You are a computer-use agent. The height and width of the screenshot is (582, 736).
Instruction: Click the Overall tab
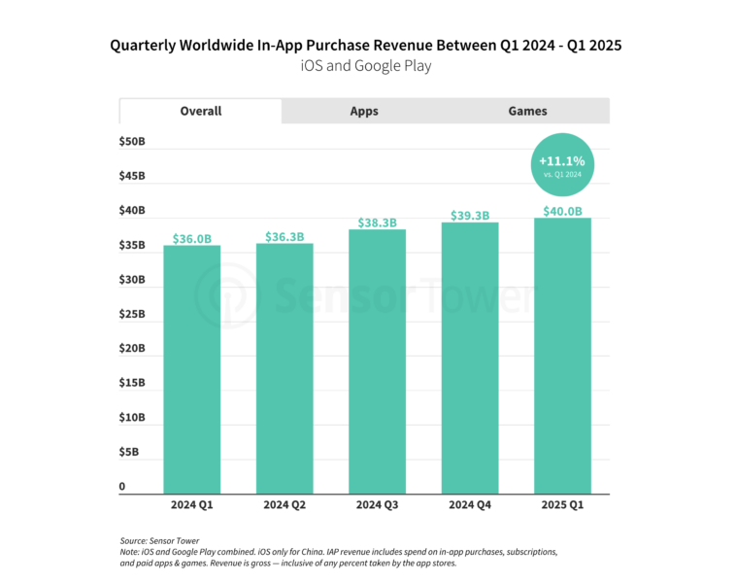pos(201,111)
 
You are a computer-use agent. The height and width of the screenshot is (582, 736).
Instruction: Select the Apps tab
pos(364,111)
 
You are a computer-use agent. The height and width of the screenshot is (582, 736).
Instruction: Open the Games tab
pos(527,111)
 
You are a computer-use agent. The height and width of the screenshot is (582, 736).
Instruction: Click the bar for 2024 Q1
pos(191,369)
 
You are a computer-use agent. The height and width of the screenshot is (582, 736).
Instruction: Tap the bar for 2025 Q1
pos(562,356)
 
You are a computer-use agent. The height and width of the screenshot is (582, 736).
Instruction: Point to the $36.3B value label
pos(284,236)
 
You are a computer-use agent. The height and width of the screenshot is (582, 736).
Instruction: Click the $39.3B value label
pos(470,216)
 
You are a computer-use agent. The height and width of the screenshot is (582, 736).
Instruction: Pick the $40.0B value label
pos(562,211)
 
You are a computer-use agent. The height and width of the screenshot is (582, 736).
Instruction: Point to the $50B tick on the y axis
pos(133,142)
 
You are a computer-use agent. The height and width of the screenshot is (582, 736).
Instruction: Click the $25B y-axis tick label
pos(133,314)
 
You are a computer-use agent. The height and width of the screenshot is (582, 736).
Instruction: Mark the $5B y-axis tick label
pos(130,452)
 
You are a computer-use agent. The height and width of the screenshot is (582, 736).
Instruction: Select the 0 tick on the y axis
pos(122,486)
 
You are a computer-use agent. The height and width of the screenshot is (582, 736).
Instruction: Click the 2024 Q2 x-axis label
pos(284,505)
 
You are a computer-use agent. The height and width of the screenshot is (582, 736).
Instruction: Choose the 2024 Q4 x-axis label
pos(470,505)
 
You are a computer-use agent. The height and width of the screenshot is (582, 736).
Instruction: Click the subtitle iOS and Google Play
pos(364,66)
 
